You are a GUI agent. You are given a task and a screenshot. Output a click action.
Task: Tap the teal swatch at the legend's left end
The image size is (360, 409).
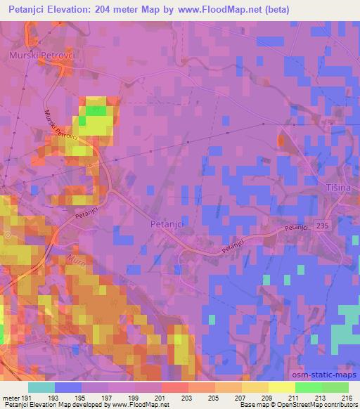point(41,387)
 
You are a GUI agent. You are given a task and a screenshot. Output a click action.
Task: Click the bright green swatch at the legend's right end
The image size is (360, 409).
point(335,387)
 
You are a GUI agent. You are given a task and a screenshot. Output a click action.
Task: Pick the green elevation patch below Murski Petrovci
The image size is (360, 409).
point(96,110)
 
